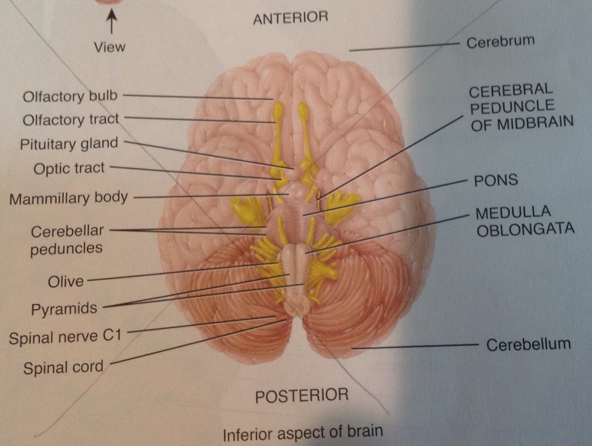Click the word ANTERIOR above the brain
[290, 18]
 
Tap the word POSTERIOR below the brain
[302, 395]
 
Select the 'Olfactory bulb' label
[70, 96]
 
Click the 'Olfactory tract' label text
[71, 119]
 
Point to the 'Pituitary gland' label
[69, 144]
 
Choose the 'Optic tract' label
[69, 168]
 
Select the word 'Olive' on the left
[66, 281]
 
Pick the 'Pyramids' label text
[64, 309]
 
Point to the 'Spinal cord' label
[63, 367]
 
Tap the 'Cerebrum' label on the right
[500, 42]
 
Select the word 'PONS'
[496, 180]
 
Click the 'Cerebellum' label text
[528, 344]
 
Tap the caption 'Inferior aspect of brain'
[303, 432]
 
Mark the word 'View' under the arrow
[110, 47]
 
